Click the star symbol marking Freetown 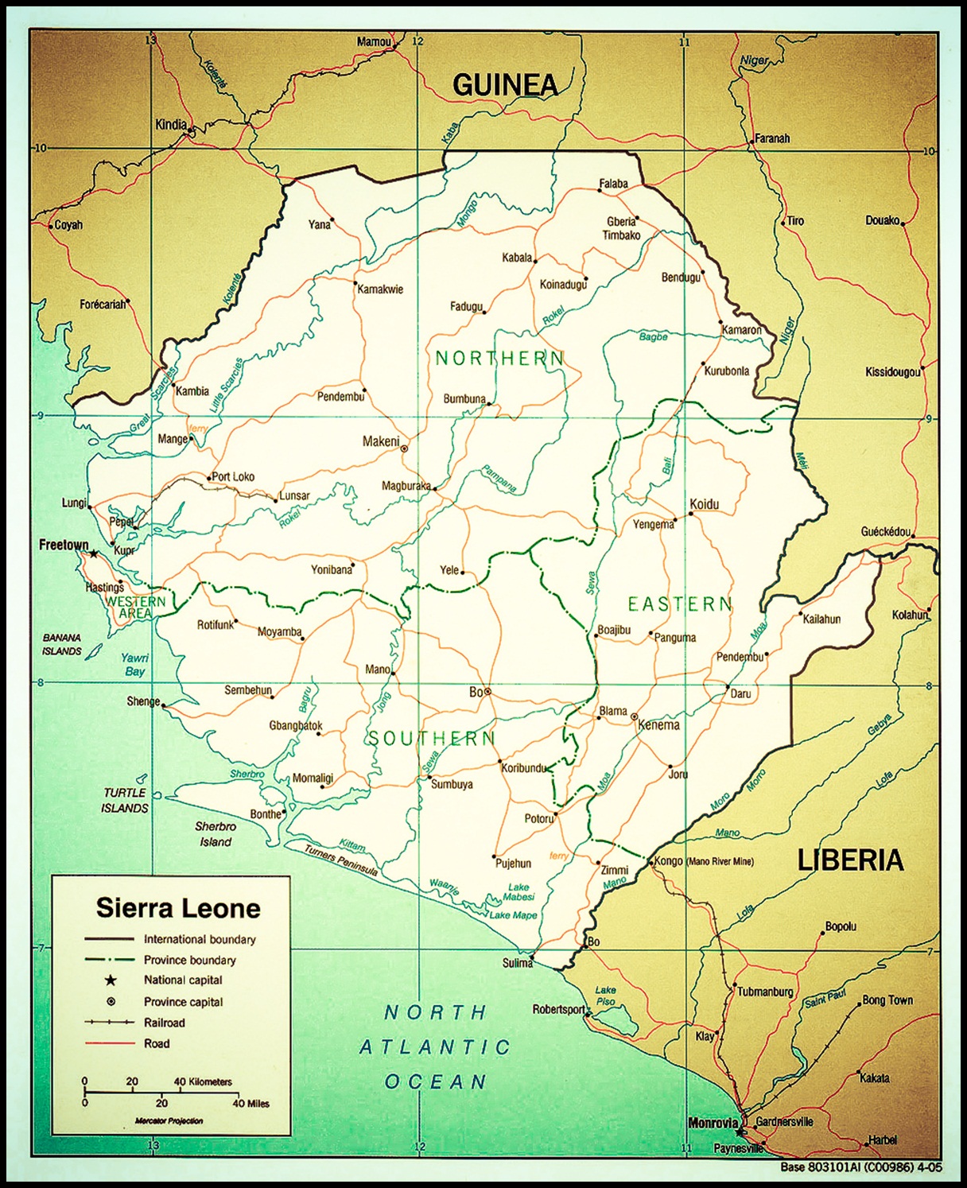(x=93, y=553)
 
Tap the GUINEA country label (x=505, y=85)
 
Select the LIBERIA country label (x=850, y=860)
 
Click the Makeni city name (x=381, y=441)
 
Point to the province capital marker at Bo (x=487, y=692)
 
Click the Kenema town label (x=658, y=725)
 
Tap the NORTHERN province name (x=499, y=359)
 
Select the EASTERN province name (x=679, y=604)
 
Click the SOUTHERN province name (x=431, y=739)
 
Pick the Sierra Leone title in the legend (x=178, y=908)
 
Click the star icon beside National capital (x=111, y=980)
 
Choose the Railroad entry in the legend (x=164, y=1023)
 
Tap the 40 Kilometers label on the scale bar (x=203, y=1081)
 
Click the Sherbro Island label (x=216, y=834)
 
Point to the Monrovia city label (x=713, y=1123)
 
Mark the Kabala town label (x=517, y=258)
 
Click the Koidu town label (x=705, y=504)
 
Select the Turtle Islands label (x=125, y=800)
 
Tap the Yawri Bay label (x=134, y=665)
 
